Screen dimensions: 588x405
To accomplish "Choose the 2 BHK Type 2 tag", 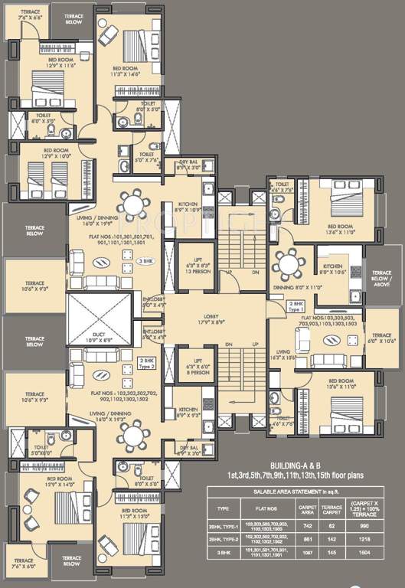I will tap(148, 361).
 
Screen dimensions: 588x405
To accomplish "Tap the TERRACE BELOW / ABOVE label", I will tap(381, 276).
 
